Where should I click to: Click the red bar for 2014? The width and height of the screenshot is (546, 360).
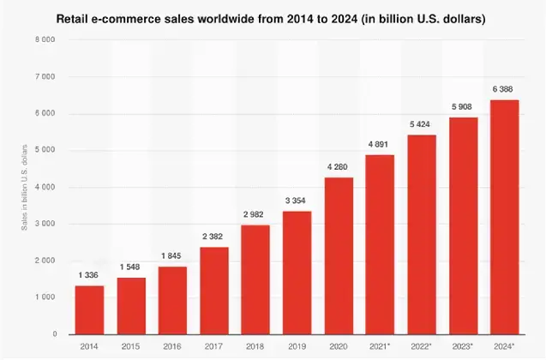click(x=89, y=309)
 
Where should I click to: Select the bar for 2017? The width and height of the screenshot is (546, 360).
click(x=214, y=290)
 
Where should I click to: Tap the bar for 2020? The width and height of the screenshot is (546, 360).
click(x=339, y=255)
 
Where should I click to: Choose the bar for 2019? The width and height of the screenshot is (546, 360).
click(x=297, y=272)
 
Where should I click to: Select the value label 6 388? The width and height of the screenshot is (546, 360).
click(x=505, y=92)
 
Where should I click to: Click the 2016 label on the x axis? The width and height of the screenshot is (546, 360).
click(x=172, y=346)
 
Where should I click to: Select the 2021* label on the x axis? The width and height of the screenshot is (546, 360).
click(x=381, y=346)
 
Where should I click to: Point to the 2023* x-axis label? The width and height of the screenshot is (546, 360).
click(x=464, y=346)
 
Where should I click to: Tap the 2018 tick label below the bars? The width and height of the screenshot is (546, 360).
click(x=255, y=346)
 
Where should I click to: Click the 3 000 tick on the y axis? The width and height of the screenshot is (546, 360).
click(x=45, y=224)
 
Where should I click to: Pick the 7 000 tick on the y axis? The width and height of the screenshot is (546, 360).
click(x=45, y=77)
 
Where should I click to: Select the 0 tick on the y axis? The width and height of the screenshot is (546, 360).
click(x=53, y=334)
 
